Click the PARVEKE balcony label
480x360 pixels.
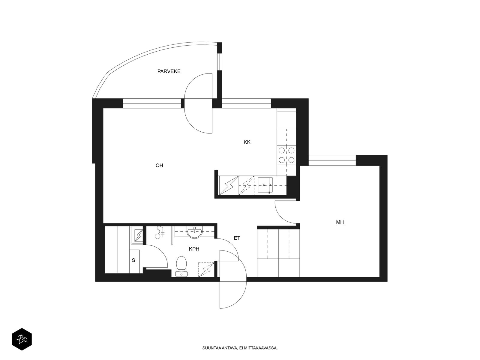[x=169, y=71]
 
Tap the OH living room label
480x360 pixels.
[x=159, y=166]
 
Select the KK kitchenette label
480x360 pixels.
[x=247, y=142]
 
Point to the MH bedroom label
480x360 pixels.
[x=340, y=222]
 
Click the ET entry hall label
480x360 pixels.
[x=237, y=238]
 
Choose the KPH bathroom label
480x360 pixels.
[x=194, y=249]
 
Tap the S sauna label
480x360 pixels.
[x=133, y=260]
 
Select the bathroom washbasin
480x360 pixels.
[x=194, y=232]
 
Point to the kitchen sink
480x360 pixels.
[x=265, y=185]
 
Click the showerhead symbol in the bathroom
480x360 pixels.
[x=160, y=232]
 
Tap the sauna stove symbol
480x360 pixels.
[x=138, y=235]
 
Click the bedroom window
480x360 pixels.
[x=332, y=160]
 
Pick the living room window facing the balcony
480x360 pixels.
[x=152, y=103]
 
